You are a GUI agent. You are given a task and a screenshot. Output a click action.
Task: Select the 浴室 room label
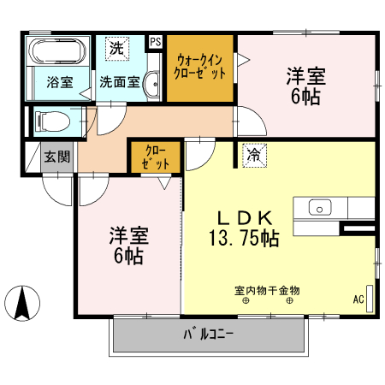click(59, 83)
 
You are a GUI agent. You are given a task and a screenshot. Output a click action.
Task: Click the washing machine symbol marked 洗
click(115, 48)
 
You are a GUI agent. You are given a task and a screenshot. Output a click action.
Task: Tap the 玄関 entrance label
click(57, 157)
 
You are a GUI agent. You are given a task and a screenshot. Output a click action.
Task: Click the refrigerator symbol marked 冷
click(254, 154)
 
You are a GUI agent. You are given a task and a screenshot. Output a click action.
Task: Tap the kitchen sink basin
click(320, 207)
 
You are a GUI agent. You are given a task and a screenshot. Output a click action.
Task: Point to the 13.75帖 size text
click(246, 239)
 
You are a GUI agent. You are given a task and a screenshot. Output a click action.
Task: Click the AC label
click(358, 299)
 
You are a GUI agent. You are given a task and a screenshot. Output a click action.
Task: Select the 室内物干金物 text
click(267, 290)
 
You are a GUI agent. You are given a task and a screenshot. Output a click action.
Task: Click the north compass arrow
click(25, 302)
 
